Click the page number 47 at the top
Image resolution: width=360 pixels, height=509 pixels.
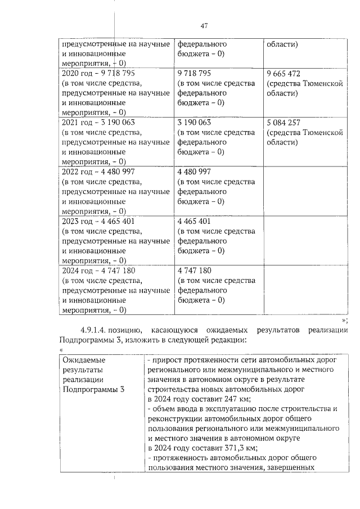click(x=204, y=25)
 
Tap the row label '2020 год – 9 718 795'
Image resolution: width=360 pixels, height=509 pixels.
click(x=98, y=74)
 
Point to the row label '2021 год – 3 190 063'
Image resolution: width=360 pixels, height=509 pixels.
click(x=98, y=123)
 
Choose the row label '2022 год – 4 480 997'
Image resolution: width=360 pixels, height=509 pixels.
click(x=98, y=172)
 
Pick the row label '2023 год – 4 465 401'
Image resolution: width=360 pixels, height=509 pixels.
click(x=98, y=220)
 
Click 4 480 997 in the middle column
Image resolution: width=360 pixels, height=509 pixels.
click(x=193, y=172)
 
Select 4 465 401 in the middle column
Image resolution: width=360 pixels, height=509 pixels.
click(x=193, y=220)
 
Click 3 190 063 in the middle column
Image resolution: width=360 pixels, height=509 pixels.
click(x=193, y=123)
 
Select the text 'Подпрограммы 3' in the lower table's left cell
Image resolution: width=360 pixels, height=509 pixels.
click(x=93, y=390)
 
